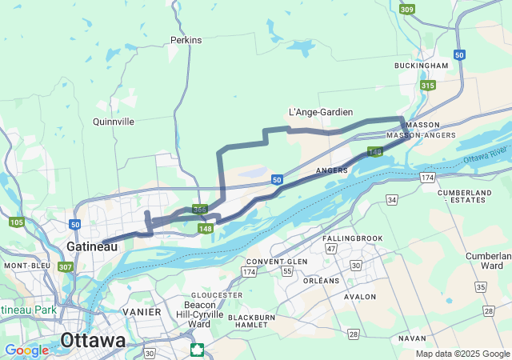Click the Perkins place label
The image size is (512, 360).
[186, 40]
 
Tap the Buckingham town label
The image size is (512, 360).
[421, 66]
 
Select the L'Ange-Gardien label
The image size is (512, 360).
[320, 113]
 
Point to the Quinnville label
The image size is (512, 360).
[114, 122]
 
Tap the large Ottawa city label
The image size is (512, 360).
[93, 340]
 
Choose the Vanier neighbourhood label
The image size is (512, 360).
[143, 312]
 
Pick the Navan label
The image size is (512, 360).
[412, 338]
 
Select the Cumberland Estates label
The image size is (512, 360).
[465, 198]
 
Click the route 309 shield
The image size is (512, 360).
[407, 10]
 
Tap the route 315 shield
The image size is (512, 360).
[428, 86]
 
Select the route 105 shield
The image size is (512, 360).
[17, 222]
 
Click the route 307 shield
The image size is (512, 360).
[66, 266]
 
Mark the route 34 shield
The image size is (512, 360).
[391, 198]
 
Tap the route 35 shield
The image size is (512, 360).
[480, 286]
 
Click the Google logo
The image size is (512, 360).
[26, 350]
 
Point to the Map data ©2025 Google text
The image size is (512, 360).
[462, 354]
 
